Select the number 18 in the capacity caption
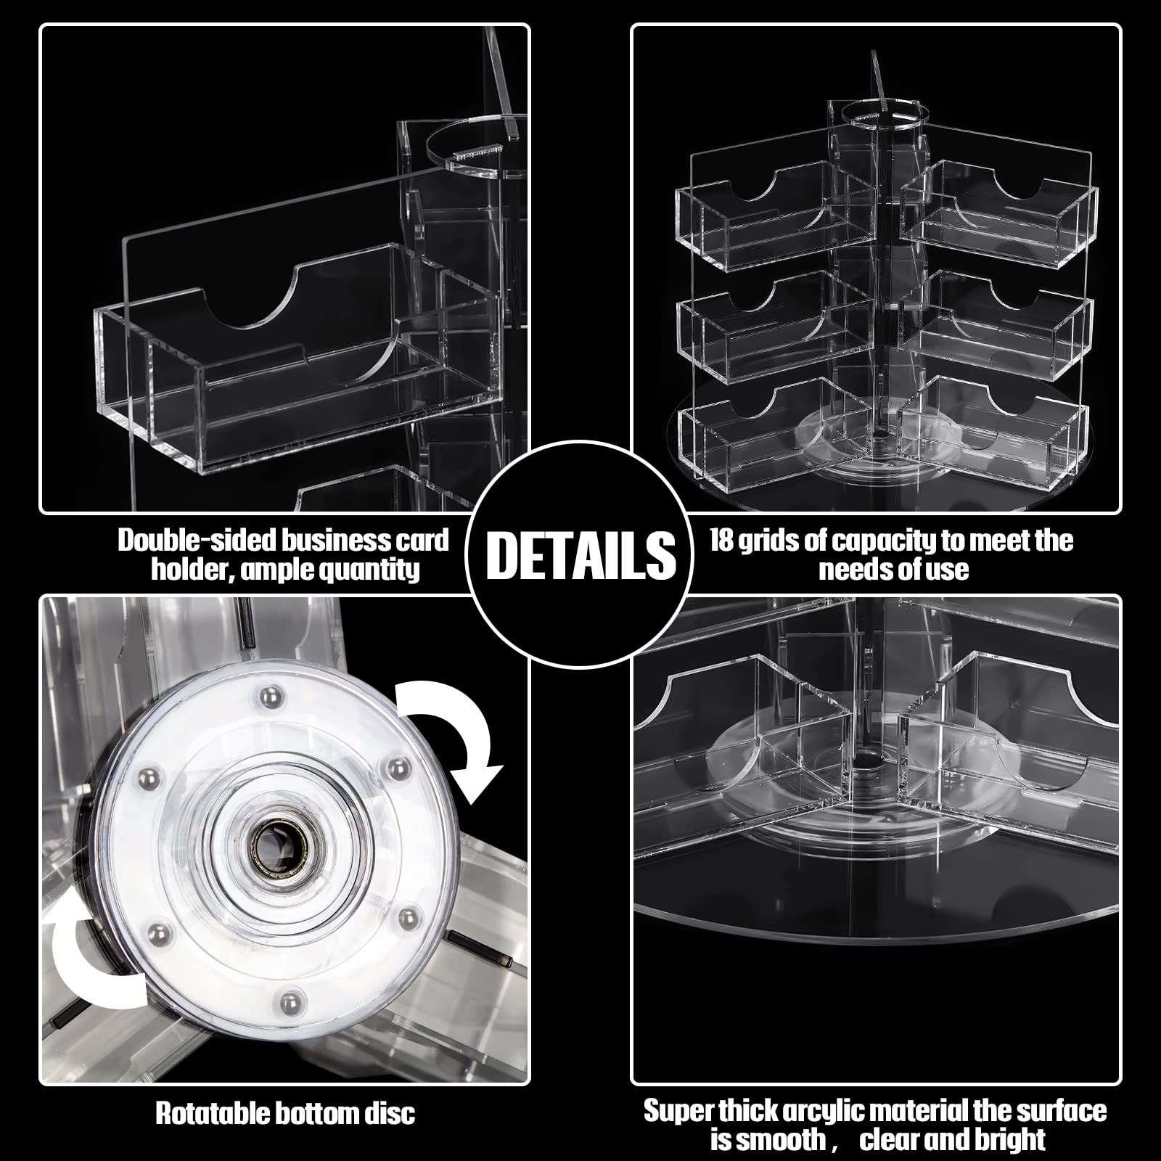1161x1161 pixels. [x=722, y=540]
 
